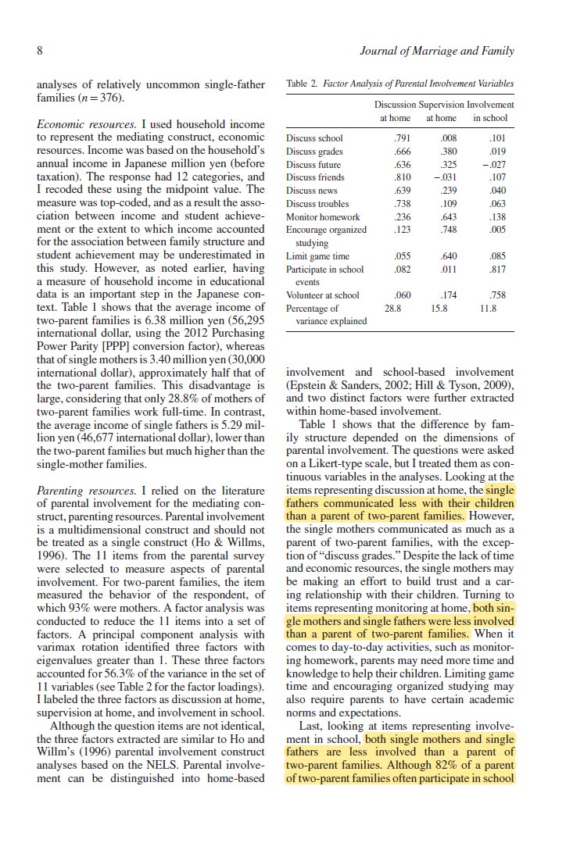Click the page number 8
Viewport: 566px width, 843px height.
point(39,52)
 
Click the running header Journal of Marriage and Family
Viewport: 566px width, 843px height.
point(437,52)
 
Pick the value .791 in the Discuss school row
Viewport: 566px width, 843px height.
point(399,139)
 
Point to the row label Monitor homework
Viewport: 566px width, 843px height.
point(323,217)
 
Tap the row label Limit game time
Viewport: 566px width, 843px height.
point(317,256)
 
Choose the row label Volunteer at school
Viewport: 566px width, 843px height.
point(323,295)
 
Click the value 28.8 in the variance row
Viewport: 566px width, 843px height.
point(393,309)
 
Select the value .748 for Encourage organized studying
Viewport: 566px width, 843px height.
point(446,230)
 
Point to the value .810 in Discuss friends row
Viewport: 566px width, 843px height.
point(399,178)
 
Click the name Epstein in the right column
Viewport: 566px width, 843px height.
point(309,385)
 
